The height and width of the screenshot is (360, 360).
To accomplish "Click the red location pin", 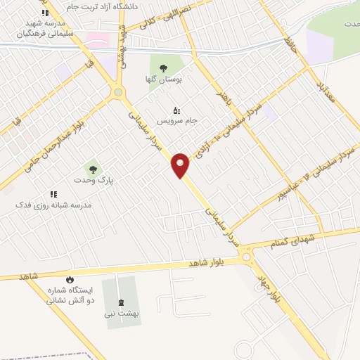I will pyautogui.click(x=181, y=165).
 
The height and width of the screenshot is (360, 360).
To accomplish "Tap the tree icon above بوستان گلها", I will pyautogui.click(x=163, y=69).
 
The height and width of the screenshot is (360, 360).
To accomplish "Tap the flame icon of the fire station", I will pyautogui.click(x=70, y=280).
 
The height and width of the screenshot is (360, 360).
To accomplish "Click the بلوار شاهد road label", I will pyautogui.click(x=206, y=262).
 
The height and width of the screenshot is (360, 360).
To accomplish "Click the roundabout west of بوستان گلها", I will pyautogui.click(x=118, y=91).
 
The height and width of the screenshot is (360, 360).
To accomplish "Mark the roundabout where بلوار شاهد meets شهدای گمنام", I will pyautogui.click(x=247, y=258).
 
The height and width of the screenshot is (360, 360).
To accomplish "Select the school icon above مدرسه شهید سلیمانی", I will pyautogui.click(x=45, y=13).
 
